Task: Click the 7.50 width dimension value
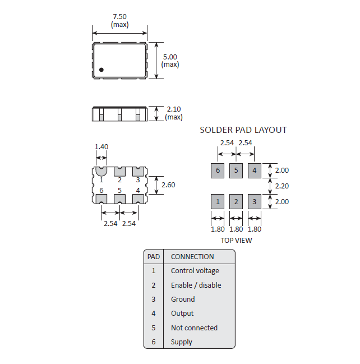tap(119, 17)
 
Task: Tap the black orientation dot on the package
tap(101, 70)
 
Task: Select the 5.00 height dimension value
tap(170, 57)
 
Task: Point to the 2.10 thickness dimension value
tap(174, 109)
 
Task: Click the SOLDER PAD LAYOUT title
tap(243, 130)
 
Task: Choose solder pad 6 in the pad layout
tap(218, 171)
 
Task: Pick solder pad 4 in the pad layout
tap(255, 171)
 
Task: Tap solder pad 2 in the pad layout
tap(236, 201)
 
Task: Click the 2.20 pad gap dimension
tap(282, 186)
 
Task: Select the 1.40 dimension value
tap(101, 147)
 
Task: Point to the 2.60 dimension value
tap(168, 185)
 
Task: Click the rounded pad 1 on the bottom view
tap(101, 171)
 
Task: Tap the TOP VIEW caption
tap(236, 240)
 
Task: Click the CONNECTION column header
tap(192, 257)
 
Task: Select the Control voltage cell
tap(195, 271)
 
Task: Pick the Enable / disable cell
tap(196, 285)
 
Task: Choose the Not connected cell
tap(194, 328)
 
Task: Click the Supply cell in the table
tap(182, 342)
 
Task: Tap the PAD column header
tap(154, 257)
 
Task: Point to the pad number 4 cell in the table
tap(154, 314)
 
